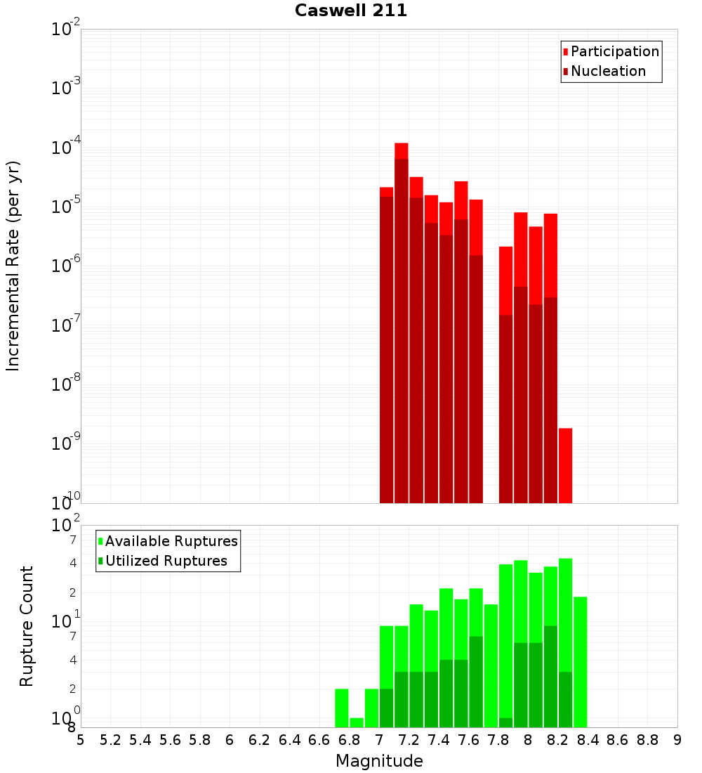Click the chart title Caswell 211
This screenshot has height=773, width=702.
351,11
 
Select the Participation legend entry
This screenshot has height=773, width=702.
614,52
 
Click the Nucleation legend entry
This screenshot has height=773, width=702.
608,72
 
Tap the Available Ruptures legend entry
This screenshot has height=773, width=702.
171,542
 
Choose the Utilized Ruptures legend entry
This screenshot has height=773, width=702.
166,561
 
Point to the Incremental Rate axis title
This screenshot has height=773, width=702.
13,266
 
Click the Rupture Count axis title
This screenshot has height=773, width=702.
27,625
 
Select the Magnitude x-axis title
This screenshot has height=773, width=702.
379,761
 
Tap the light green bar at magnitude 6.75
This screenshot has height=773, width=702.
342,708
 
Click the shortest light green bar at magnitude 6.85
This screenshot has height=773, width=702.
357,722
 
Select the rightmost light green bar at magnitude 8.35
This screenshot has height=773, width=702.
581,661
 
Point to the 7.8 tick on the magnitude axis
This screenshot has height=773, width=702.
498,740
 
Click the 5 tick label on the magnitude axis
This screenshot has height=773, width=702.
81,740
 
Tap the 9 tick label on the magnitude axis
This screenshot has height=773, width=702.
677,740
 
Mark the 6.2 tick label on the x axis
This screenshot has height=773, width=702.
260,740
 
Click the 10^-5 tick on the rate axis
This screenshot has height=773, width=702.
66,207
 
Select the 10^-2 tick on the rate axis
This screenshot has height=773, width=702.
66,30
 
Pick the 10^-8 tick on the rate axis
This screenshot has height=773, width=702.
66,384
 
